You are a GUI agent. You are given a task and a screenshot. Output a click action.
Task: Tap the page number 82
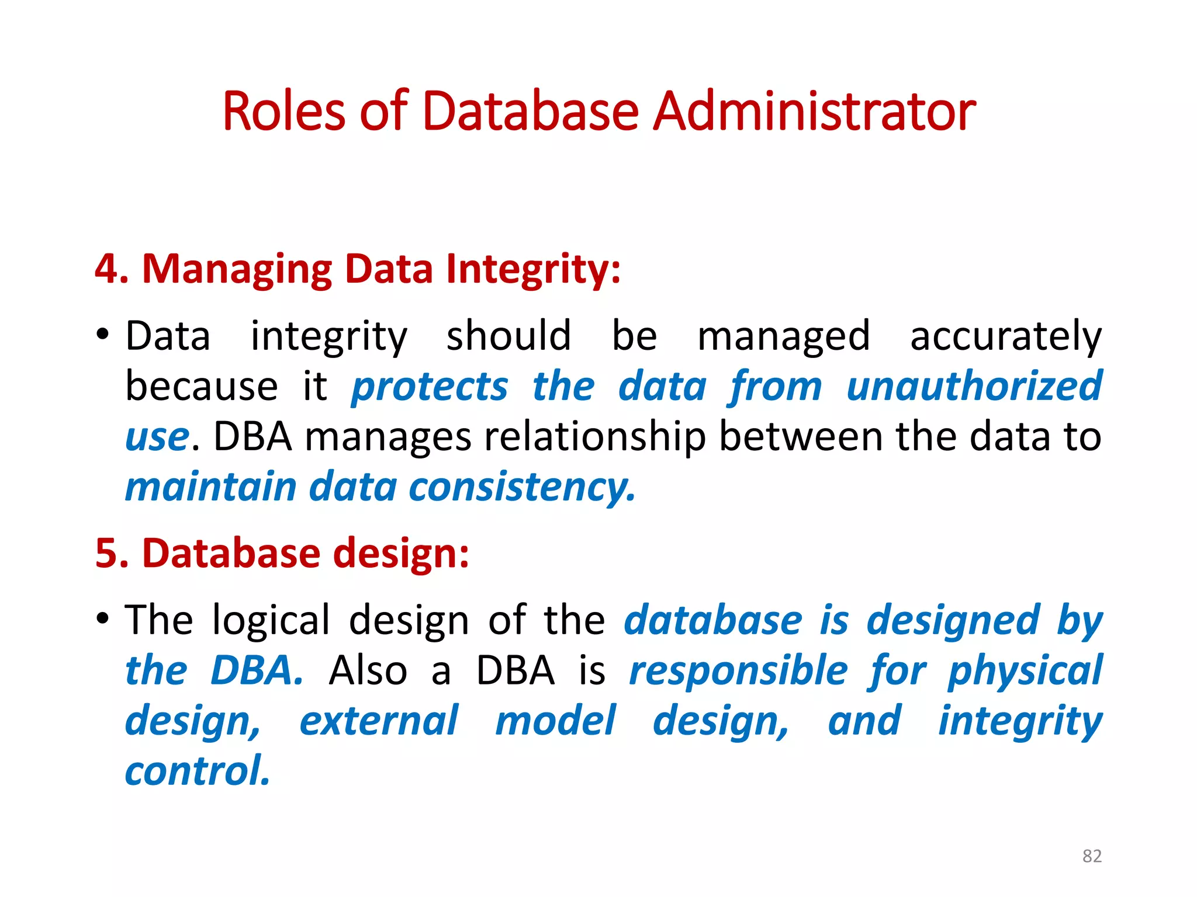click(x=1092, y=856)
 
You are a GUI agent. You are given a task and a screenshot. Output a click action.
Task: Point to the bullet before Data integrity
click(x=103, y=335)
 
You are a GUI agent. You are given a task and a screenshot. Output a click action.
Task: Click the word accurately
click(x=1005, y=337)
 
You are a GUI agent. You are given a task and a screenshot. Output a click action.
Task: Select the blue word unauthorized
click(x=974, y=386)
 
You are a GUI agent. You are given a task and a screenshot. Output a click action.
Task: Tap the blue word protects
click(x=430, y=387)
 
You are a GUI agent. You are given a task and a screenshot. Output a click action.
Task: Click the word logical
click(x=271, y=620)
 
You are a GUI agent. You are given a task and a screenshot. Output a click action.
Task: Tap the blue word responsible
click(x=738, y=671)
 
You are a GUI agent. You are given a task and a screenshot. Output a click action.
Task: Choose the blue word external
click(x=379, y=721)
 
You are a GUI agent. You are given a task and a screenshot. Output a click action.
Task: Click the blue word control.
click(x=198, y=771)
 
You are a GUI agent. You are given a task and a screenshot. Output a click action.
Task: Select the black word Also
click(x=368, y=670)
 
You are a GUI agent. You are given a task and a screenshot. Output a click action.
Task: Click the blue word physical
click(x=1025, y=671)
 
